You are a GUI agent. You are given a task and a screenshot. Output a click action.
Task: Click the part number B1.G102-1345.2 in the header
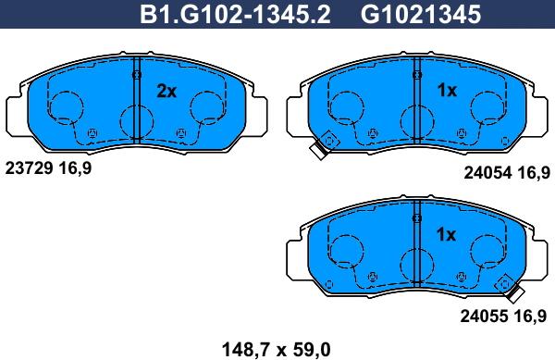pyautogui.click(x=235, y=15)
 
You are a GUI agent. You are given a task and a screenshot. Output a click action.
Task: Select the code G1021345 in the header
pyautogui.click(x=421, y=15)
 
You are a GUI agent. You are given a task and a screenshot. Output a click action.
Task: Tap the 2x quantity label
pyautogui.click(x=166, y=92)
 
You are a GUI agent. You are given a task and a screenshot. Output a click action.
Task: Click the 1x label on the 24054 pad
pyautogui.click(x=447, y=91)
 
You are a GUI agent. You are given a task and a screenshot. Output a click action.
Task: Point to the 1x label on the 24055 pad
pyautogui.click(x=446, y=234)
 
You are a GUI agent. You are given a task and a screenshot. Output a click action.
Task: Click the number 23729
pyautogui.click(x=29, y=168)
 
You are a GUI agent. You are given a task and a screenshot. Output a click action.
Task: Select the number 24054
pyautogui.click(x=487, y=173)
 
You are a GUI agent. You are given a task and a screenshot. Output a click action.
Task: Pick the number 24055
pyautogui.click(x=484, y=317)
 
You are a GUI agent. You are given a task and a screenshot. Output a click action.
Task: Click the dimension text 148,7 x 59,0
pyautogui.click(x=276, y=350)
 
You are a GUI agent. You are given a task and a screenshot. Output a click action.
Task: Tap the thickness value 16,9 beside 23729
pyautogui.click(x=75, y=168)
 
